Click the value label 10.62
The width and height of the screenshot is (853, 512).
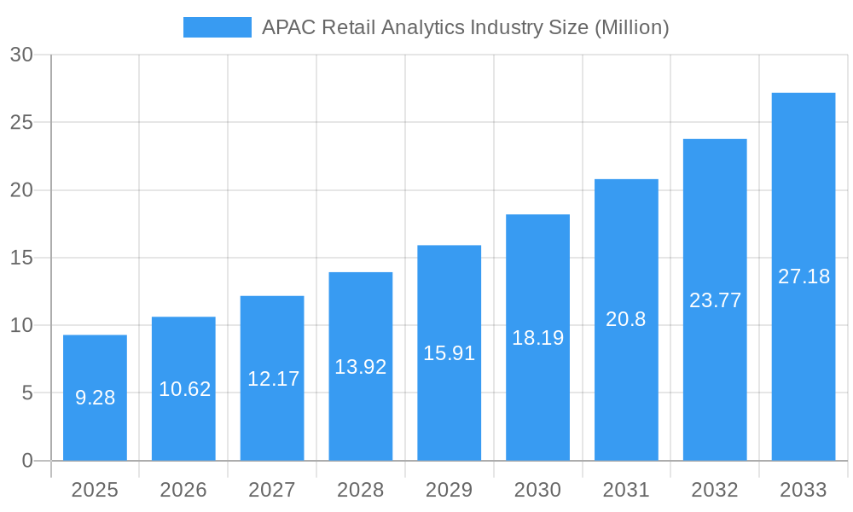184,389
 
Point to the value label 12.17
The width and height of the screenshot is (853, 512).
273,379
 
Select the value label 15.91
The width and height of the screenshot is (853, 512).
449,353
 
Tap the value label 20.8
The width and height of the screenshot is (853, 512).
626,319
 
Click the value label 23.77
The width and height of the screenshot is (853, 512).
715,300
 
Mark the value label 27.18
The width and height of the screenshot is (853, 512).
804,276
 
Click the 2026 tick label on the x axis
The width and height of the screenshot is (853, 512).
183,490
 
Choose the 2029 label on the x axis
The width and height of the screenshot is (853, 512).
449,490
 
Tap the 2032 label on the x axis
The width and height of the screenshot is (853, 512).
715,490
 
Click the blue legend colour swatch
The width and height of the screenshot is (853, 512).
218,27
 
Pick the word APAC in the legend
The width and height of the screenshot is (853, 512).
287,27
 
